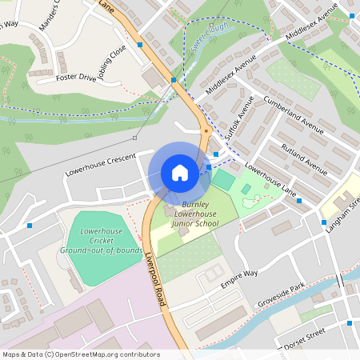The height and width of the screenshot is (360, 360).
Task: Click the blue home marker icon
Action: (179, 173)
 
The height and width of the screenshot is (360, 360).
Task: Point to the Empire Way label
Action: (239, 278)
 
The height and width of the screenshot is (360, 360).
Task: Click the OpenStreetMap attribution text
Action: (80, 354)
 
